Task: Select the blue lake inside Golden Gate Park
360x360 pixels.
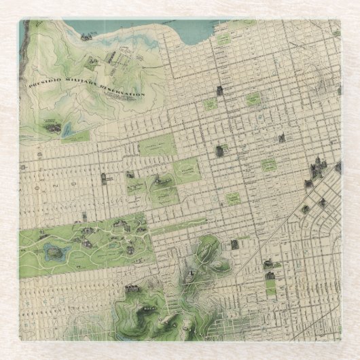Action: [53, 254]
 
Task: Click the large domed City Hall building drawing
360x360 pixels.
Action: [315, 166]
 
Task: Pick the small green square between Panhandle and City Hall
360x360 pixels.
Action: [233, 198]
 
